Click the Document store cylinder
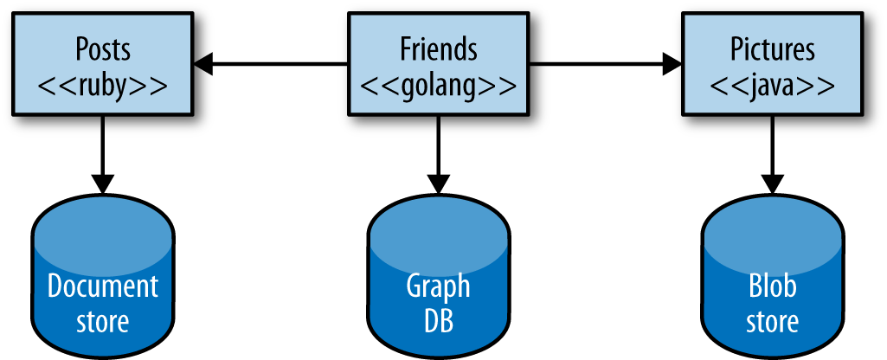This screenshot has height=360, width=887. pyautogui.click(x=104, y=277)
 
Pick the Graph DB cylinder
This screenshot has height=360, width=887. pyautogui.click(x=439, y=277)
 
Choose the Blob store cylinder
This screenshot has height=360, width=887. pyautogui.click(x=773, y=277)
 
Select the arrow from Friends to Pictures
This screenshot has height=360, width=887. pyautogui.click(x=606, y=63)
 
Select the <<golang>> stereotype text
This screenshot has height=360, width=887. pyautogui.click(x=439, y=86)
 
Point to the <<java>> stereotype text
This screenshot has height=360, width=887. pyautogui.click(x=773, y=86)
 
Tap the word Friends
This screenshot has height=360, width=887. pyautogui.click(x=439, y=48)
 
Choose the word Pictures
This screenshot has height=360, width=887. pyautogui.click(x=773, y=48)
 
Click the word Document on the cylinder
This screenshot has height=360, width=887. pyautogui.click(x=104, y=286)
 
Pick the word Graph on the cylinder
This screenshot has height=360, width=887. pyautogui.click(x=439, y=286)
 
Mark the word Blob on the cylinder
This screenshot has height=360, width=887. pyautogui.click(x=773, y=286)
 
